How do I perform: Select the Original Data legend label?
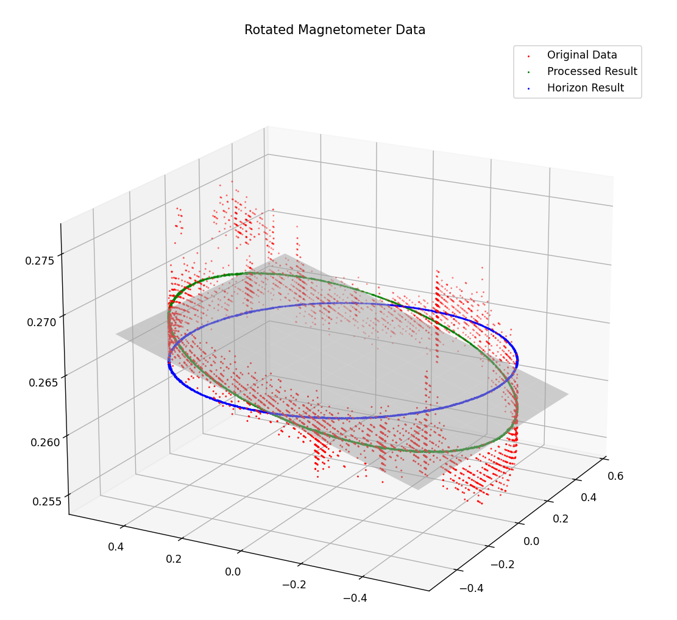pyautogui.click(x=581, y=55)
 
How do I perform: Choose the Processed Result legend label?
pyautogui.click(x=592, y=71)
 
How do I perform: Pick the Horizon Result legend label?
pyautogui.click(x=585, y=88)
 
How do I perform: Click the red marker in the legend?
pyautogui.click(x=528, y=55)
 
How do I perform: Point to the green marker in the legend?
pyautogui.click(x=528, y=72)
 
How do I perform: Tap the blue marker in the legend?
pyautogui.click(x=528, y=88)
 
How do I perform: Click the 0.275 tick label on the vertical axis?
pyautogui.click(x=40, y=260)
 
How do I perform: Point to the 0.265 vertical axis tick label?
pyautogui.click(x=44, y=382)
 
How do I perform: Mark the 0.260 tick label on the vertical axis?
pyautogui.click(x=46, y=441)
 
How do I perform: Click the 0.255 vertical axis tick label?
pyautogui.click(x=48, y=501)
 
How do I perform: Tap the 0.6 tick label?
pyautogui.click(x=615, y=476)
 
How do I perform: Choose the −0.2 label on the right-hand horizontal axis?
pyautogui.click(x=502, y=564)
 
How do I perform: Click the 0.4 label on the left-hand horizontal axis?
pyautogui.click(x=116, y=546)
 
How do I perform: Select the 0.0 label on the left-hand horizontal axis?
pyautogui.click(x=233, y=571)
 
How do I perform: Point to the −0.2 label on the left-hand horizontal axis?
pyautogui.click(x=294, y=585)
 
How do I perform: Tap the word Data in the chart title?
pyautogui.click(x=409, y=30)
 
